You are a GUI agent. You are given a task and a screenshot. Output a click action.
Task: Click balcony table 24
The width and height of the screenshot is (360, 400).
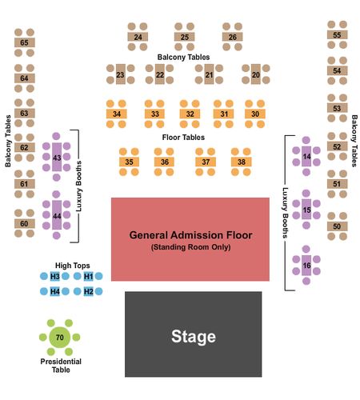pos(138,37)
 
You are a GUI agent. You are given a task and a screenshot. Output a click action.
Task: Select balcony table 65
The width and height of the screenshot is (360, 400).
pos(25,42)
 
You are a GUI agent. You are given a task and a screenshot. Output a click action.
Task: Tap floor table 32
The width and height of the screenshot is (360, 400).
pos(190,114)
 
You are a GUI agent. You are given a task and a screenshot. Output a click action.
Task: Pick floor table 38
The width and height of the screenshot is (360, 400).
pos(241,162)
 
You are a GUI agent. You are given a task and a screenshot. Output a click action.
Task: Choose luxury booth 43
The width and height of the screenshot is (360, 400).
pos(57,157)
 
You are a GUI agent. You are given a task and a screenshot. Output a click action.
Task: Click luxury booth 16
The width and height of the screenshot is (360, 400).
pos(306,265)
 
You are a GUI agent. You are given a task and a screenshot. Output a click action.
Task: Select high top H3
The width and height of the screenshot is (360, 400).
pos(55,276)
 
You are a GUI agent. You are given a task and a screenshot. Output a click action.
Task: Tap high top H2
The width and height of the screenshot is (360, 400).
pos(88,291)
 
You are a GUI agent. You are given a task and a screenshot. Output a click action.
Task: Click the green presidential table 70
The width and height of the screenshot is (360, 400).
pos(60,338)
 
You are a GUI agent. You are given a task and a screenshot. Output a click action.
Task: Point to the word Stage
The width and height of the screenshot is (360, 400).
pos(194,337)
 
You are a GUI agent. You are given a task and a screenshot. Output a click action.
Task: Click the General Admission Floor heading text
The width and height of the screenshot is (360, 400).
pos(190,235)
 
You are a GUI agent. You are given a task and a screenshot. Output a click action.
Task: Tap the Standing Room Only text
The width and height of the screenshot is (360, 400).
pos(190,247)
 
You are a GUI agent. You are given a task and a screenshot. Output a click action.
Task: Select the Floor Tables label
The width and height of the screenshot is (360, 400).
pos(183,138)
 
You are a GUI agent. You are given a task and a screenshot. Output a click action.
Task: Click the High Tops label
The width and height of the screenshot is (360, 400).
pos(73,266)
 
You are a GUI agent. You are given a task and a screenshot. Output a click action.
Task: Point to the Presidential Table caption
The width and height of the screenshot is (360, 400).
pos(61,366)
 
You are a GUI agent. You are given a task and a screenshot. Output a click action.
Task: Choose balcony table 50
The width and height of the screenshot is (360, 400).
pos(337,226)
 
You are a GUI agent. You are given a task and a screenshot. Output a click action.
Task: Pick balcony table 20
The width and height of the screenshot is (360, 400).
pos(255,74)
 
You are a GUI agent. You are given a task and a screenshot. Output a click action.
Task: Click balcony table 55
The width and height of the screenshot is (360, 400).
pos(338,34)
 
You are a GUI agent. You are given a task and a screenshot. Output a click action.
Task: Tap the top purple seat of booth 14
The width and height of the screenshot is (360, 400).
pos(306,140)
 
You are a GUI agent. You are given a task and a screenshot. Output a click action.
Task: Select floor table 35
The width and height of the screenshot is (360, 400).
pos(129,162)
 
